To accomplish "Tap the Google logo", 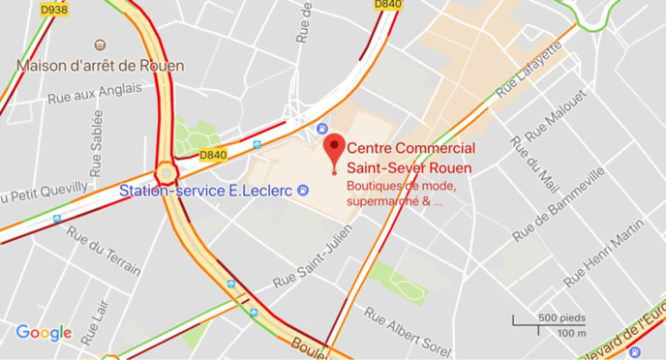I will point(44,333).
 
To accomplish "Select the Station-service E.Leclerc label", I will point(206,191).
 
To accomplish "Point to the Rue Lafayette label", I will point(529,70).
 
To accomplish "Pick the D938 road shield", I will point(54,9).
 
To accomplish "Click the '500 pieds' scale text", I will point(561,317).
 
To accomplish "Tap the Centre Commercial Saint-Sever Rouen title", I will point(410,158).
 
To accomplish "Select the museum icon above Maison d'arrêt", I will point(101,45).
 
